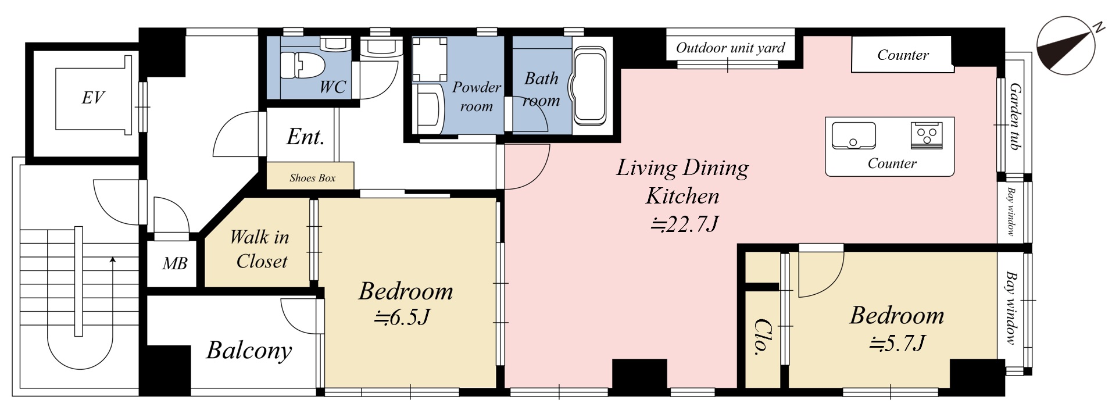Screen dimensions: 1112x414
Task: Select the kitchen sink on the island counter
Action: click(853, 135)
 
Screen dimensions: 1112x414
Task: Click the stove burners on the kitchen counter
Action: click(926, 135)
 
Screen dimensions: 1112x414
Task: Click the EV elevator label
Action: click(93, 98)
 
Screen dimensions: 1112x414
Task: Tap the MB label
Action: click(174, 264)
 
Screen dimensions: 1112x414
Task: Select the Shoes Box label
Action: click(313, 178)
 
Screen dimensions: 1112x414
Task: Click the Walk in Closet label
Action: click(259, 249)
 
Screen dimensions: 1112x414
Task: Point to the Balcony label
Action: click(249, 351)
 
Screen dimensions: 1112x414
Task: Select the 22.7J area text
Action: click(684, 223)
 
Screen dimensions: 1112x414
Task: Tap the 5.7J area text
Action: click(898, 344)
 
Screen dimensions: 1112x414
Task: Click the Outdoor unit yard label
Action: click(730, 48)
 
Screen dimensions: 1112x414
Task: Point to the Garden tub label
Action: click(1015, 116)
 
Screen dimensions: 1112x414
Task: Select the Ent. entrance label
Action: click(305, 137)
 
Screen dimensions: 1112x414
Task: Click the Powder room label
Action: click(477, 97)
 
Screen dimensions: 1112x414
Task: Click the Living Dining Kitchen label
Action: click(682, 181)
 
